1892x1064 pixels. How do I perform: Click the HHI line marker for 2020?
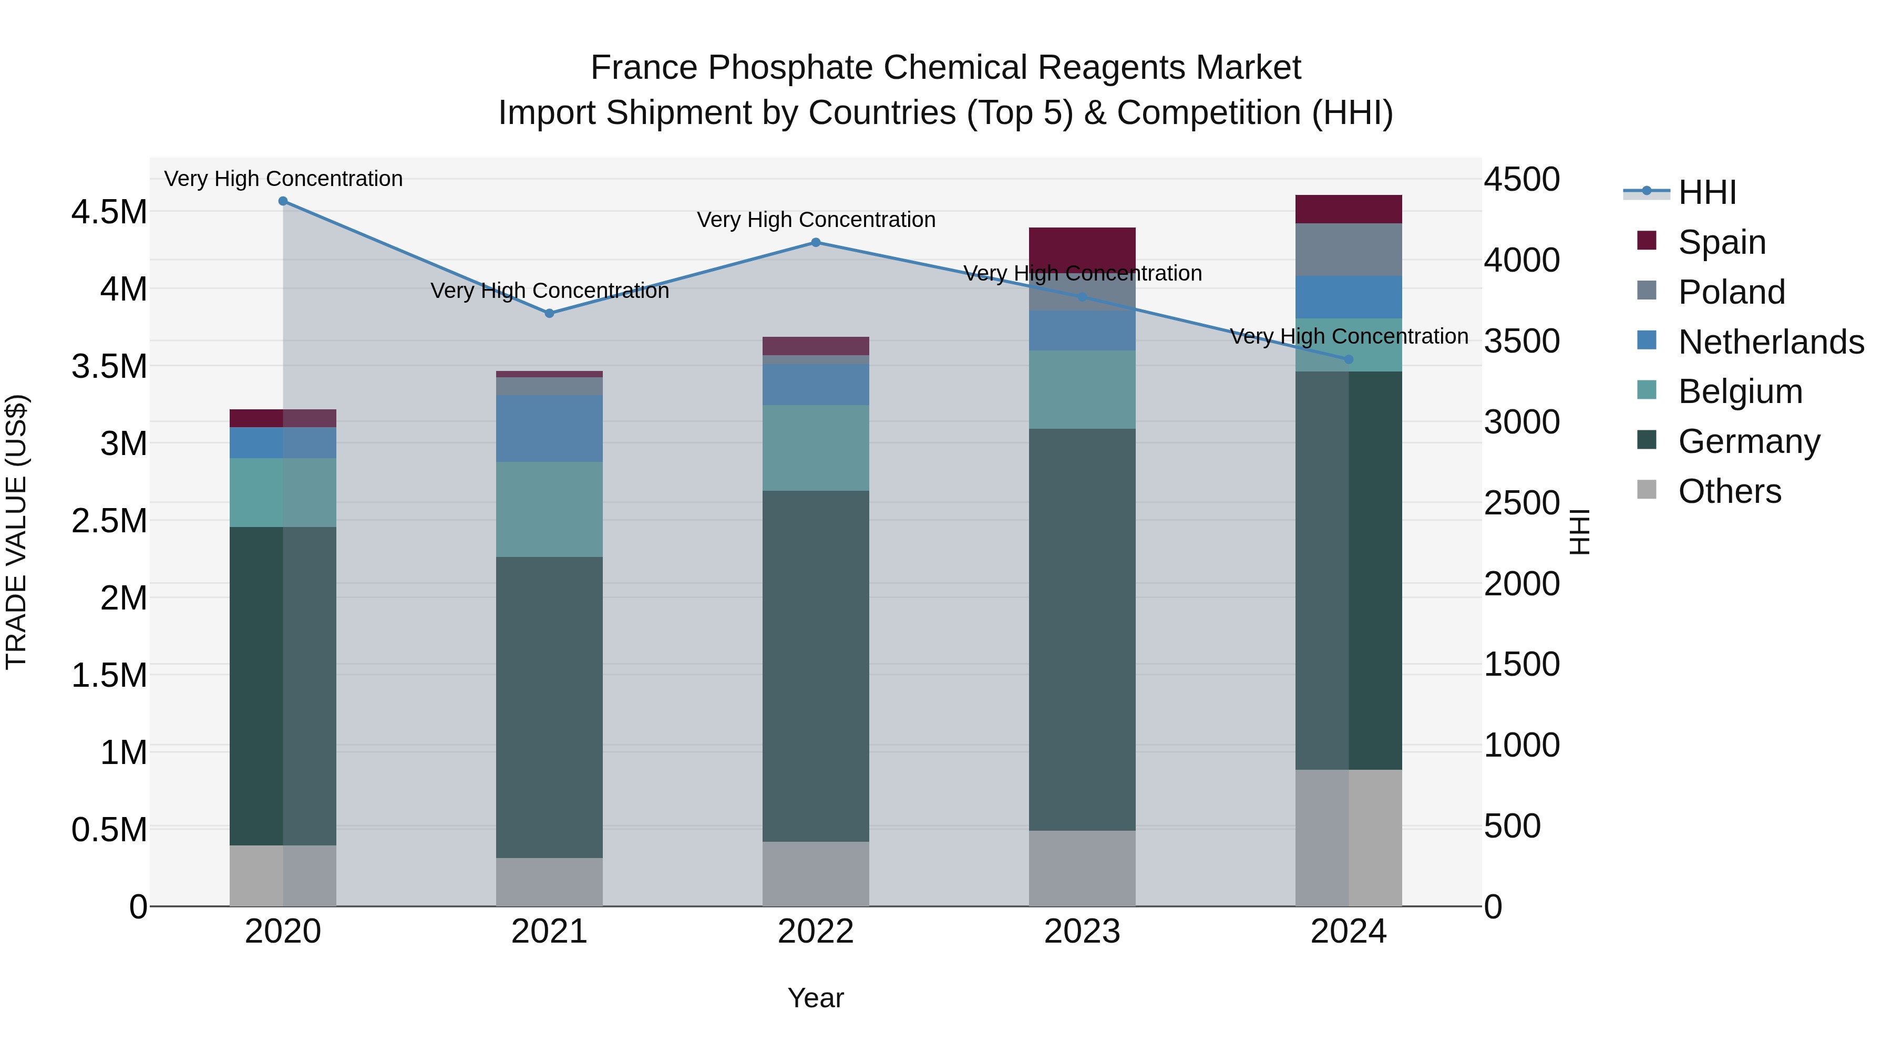[x=283, y=201]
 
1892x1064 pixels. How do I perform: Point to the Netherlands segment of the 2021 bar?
[x=549, y=428]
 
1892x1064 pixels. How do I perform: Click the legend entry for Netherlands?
[x=1770, y=342]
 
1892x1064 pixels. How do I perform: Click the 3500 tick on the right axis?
[x=1522, y=342]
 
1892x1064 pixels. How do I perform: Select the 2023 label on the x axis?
[x=1082, y=932]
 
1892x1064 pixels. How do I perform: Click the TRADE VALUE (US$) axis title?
[x=16, y=532]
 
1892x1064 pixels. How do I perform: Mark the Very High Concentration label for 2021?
[x=549, y=291]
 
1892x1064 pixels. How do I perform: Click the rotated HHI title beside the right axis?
[x=1579, y=532]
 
